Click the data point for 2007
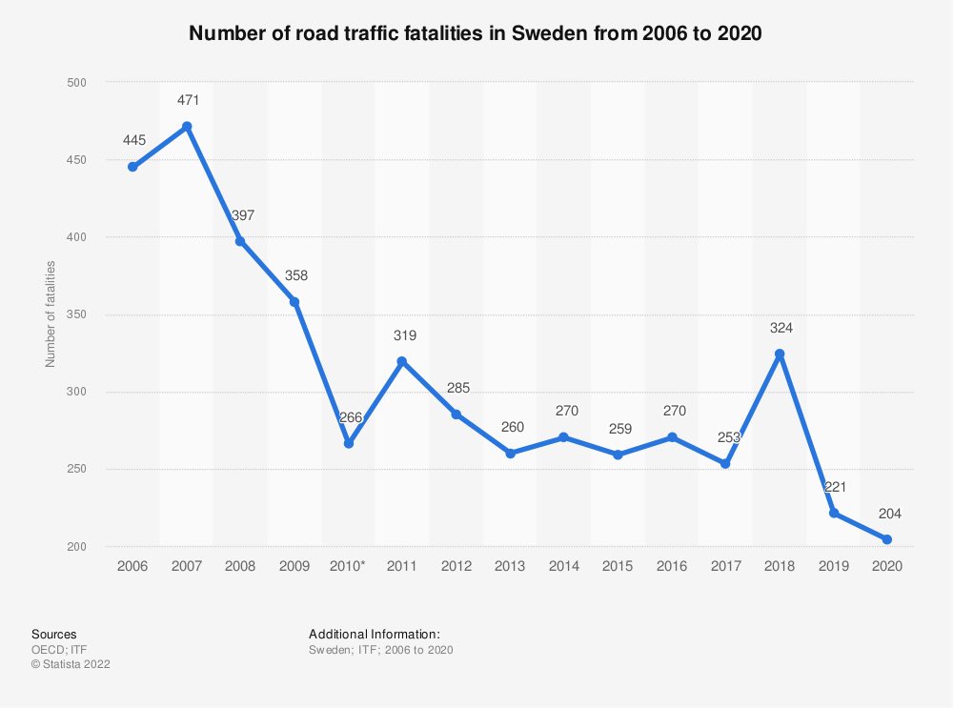[187, 127]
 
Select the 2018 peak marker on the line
[780, 354]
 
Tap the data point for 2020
[886, 539]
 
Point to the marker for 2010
[349, 444]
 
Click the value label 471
[189, 100]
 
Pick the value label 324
[781, 328]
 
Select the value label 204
[890, 514]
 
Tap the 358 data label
[296, 275]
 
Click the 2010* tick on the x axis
[348, 566]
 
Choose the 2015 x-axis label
[618, 566]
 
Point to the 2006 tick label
[132, 566]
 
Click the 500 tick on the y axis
[76, 82]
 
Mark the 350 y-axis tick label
[76, 314]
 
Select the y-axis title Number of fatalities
[50, 314]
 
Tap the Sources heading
[54, 635]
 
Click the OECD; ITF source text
[59, 650]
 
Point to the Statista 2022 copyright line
[71, 664]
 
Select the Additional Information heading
[375, 635]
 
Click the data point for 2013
[511, 454]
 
